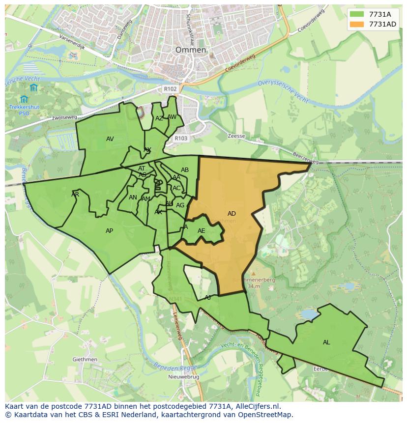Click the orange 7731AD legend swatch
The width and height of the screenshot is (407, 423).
coord(358,24)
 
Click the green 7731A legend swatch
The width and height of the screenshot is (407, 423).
coord(358,14)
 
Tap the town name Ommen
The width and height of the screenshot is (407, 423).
coord(191,50)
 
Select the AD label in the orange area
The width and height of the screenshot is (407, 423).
coord(232,213)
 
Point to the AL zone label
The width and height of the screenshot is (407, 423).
coord(326,342)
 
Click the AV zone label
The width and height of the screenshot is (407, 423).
coord(110,139)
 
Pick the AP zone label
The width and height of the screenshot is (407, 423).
coord(109,230)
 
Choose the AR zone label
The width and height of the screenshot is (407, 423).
coord(75,194)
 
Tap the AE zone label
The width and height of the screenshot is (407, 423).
coord(201,230)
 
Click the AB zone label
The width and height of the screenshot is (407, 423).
coord(185,170)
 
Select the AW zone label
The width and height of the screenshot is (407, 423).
coord(172,117)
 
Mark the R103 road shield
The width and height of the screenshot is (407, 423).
coord(181,139)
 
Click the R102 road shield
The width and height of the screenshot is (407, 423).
coord(170,89)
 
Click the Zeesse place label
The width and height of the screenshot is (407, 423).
coord(236,136)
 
